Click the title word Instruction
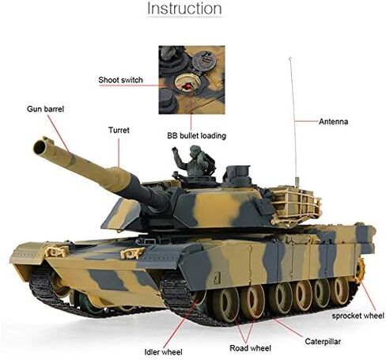click(x=184, y=9)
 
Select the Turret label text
click(x=119, y=129)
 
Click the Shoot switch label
click(x=120, y=80)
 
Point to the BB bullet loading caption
click(x=195, y=135)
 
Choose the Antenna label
click(x=334, y=122)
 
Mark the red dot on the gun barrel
click(x=69, y=153)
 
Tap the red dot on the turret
click(x=118, y=168)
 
